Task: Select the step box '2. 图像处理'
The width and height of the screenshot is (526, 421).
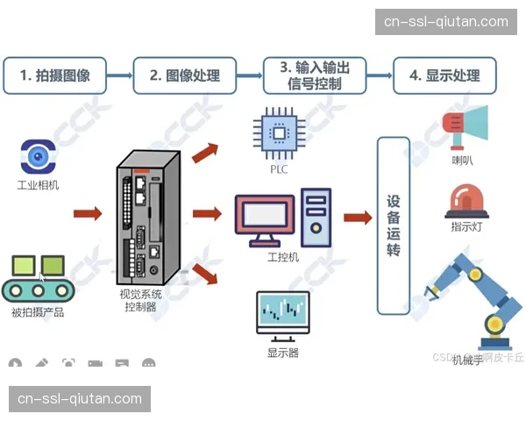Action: (185, 75)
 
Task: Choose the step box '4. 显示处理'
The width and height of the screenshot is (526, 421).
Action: (444, 75)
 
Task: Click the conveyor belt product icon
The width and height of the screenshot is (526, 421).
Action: (39, 277)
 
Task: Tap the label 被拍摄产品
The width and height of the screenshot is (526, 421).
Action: (38, 311)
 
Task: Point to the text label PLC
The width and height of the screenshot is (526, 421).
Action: (279, 169)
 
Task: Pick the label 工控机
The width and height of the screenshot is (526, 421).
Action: (282, 257)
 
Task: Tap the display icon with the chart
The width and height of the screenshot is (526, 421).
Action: (282, 314)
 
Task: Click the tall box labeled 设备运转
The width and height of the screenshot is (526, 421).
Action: (393, 225)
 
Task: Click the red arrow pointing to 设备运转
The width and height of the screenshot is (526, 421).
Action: (357, 217)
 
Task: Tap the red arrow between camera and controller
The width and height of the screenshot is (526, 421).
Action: (88, 213)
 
